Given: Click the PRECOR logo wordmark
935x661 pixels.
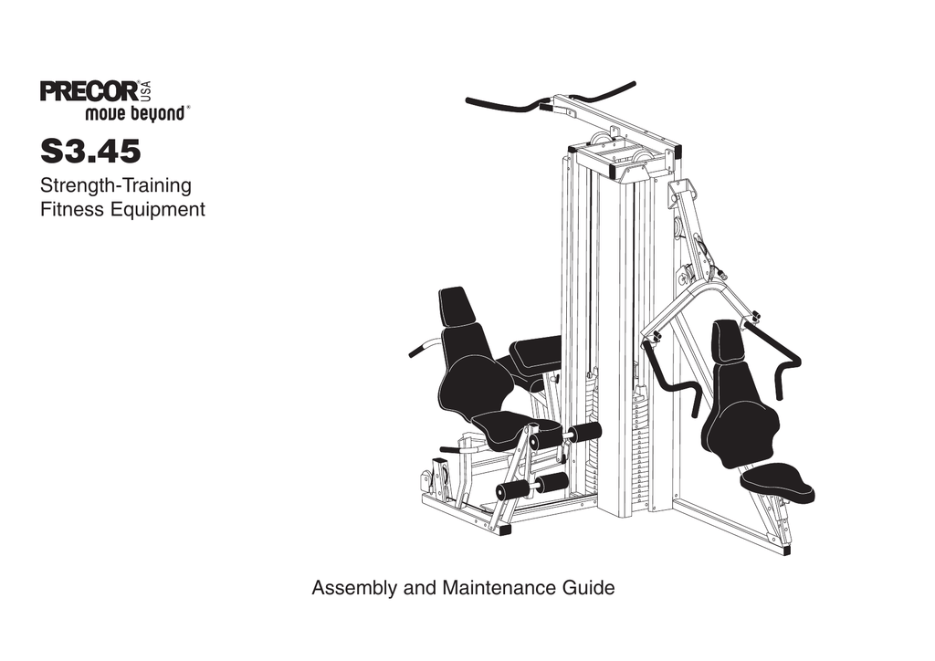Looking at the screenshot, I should coord(89,92).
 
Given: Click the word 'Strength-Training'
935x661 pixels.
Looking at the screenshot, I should coord(116,186).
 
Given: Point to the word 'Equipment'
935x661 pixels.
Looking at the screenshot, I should coord(160,210).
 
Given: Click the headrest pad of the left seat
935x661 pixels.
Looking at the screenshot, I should coord(456,307).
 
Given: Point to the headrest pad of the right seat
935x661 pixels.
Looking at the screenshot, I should coord(728,341).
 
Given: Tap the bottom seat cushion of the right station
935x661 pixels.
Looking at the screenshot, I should coord(778,482).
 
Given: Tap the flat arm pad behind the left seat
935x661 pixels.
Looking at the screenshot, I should coord(536,354).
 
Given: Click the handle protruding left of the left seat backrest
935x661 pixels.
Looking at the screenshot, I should coord(422,348).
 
